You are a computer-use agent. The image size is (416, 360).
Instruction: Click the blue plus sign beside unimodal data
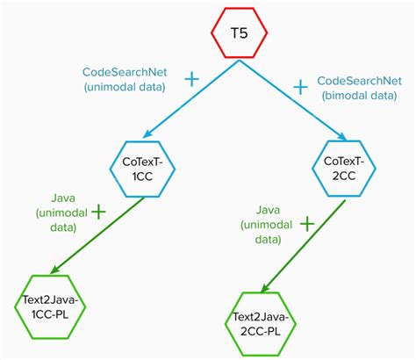[x=190, y=79]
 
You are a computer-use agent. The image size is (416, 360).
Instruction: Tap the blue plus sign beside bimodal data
[x=300, y=86]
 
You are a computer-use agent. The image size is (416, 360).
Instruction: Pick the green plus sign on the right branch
[x=306, y=224]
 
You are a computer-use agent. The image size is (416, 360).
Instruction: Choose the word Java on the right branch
[x=272, y=210]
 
